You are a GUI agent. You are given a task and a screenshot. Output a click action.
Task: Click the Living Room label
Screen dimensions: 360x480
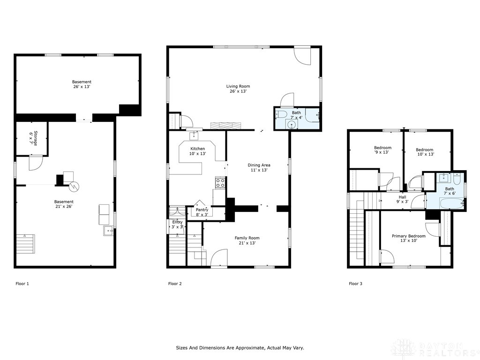[238, 89]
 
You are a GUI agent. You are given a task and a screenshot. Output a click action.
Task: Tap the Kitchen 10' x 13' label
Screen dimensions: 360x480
[197, 151]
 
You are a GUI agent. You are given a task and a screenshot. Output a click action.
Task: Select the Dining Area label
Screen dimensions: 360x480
[259, 167]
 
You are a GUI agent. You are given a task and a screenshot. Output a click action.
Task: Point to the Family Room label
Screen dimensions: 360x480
[247, 240]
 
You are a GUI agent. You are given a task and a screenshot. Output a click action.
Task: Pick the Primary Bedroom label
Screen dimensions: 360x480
[409, 238]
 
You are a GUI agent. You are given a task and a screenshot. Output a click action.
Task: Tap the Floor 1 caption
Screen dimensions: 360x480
[22, 284]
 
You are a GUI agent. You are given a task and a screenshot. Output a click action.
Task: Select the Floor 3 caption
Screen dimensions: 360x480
[355, 284]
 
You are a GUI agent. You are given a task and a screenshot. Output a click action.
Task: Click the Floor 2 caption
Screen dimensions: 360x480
[175, 284]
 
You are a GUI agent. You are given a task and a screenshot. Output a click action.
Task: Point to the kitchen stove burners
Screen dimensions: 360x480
[220, 182]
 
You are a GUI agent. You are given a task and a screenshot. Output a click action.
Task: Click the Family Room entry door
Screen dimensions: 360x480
[219, 258]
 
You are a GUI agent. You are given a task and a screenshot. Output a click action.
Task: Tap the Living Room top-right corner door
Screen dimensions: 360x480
[302, 56]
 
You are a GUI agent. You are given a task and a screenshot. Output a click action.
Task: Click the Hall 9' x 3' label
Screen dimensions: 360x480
[402, 199]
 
